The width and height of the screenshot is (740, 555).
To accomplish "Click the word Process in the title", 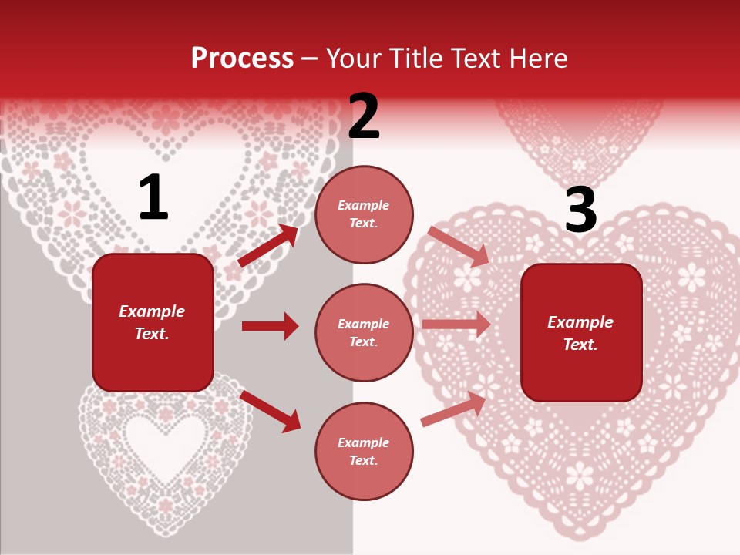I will click(242, 59).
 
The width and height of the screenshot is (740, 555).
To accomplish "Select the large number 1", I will click(153, 198).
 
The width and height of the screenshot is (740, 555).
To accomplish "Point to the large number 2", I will click(364, 116).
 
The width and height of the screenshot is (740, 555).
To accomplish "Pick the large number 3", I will click(580, 210).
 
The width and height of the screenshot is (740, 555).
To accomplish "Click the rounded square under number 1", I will click(153, 322).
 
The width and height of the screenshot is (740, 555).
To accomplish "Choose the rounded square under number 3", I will click(581, 332).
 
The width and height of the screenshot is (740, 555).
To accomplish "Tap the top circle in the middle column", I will click(364, 214).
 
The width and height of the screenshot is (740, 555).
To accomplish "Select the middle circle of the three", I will click(364, 332).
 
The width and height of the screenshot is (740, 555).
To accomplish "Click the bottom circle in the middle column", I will click(364, 451).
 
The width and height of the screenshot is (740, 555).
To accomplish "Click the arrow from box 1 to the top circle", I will click(268, 245).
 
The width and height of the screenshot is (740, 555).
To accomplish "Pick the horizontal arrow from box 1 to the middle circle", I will click(270, 326).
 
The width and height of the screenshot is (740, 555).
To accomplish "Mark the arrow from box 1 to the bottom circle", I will click(270, 410).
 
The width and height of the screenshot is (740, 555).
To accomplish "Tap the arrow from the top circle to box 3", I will click(458, 246).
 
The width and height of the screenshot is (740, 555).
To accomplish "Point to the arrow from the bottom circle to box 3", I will click(454, 409).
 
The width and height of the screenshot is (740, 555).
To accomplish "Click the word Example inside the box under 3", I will click(580, 322).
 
